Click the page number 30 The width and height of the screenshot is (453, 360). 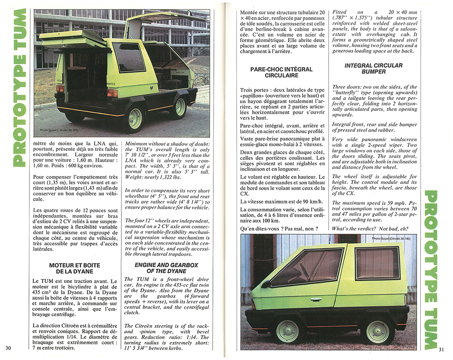[x=8, y=348]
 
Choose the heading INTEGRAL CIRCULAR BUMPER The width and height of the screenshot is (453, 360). [x=373, y=68]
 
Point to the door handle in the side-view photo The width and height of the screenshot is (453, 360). [x=316, y=299]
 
